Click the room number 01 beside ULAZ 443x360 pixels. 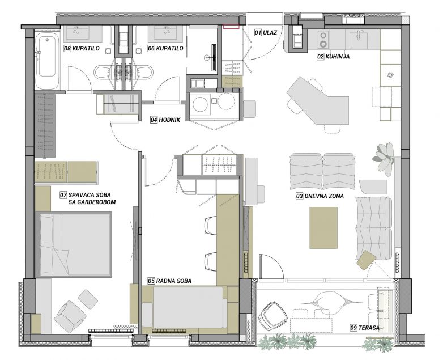(x=258, y=32)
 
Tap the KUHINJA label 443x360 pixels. (x=337, y=56)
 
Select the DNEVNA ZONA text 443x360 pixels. (x=324, y=196)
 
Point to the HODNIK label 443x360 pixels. (x=169, y=120)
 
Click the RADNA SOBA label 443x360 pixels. (x=174, y=281)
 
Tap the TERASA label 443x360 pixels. (x=369, y=328)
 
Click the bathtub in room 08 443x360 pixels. (x=47, y=60)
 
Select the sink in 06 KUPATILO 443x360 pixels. (x=165, y=33)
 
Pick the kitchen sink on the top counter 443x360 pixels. (x=359, y=40)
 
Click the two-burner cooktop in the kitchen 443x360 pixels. (x=323, y=39)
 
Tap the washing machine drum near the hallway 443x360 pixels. (x=201, y=104)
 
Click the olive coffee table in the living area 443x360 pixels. (x=323, y=228)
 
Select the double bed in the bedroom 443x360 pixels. (x=74, y=244)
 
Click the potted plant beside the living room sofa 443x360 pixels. (x=384, y=158)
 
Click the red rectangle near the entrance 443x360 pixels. (x=231, y=26)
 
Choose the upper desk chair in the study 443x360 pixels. (x=211, y=225)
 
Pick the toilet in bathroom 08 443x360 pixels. (x=103, y=72)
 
